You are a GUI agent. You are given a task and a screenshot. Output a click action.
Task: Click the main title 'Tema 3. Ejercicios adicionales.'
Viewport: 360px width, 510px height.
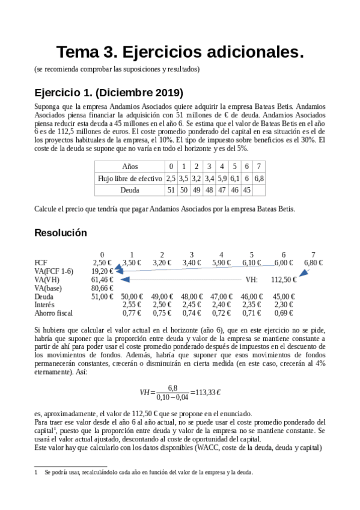[x=180, y=52]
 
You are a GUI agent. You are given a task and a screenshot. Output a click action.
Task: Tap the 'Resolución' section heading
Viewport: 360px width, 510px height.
[x=61, y=233]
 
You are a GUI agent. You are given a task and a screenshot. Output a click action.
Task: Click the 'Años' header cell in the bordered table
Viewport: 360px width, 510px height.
[x=130, y=166]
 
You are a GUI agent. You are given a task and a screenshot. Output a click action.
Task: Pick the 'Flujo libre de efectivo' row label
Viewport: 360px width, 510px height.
[x=130, y=178]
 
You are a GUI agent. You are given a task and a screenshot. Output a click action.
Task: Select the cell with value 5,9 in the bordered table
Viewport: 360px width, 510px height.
[x=222, y=178]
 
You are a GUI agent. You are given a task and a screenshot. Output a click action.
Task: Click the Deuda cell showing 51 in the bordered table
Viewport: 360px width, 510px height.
[x=171, y=190]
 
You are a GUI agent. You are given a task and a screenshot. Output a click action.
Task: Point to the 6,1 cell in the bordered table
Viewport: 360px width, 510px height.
[x=234, y=178]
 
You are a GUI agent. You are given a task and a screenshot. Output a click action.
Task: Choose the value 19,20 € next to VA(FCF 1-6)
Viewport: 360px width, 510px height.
[x=102, y=271]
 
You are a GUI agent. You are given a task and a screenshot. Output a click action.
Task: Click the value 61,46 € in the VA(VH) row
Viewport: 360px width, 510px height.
[x=102, y=280]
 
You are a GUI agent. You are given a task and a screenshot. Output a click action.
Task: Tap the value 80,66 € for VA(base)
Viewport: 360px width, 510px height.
[x=102, y=288]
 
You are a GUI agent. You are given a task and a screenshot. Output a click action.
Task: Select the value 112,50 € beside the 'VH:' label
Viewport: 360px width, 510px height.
[x=284, y=280]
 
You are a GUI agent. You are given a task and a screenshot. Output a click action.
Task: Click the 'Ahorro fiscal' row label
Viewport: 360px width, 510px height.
[x=54, y=313]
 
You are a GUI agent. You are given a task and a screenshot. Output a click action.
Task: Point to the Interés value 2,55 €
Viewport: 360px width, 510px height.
[x=132, y=305]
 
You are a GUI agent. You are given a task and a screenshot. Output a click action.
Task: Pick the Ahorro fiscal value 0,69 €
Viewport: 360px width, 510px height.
[x=284, y=313]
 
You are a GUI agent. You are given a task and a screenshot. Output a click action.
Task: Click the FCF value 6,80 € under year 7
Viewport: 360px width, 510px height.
[x=313, y=263]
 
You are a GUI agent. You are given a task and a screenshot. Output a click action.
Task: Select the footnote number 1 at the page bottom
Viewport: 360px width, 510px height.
[x=36, y=473]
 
